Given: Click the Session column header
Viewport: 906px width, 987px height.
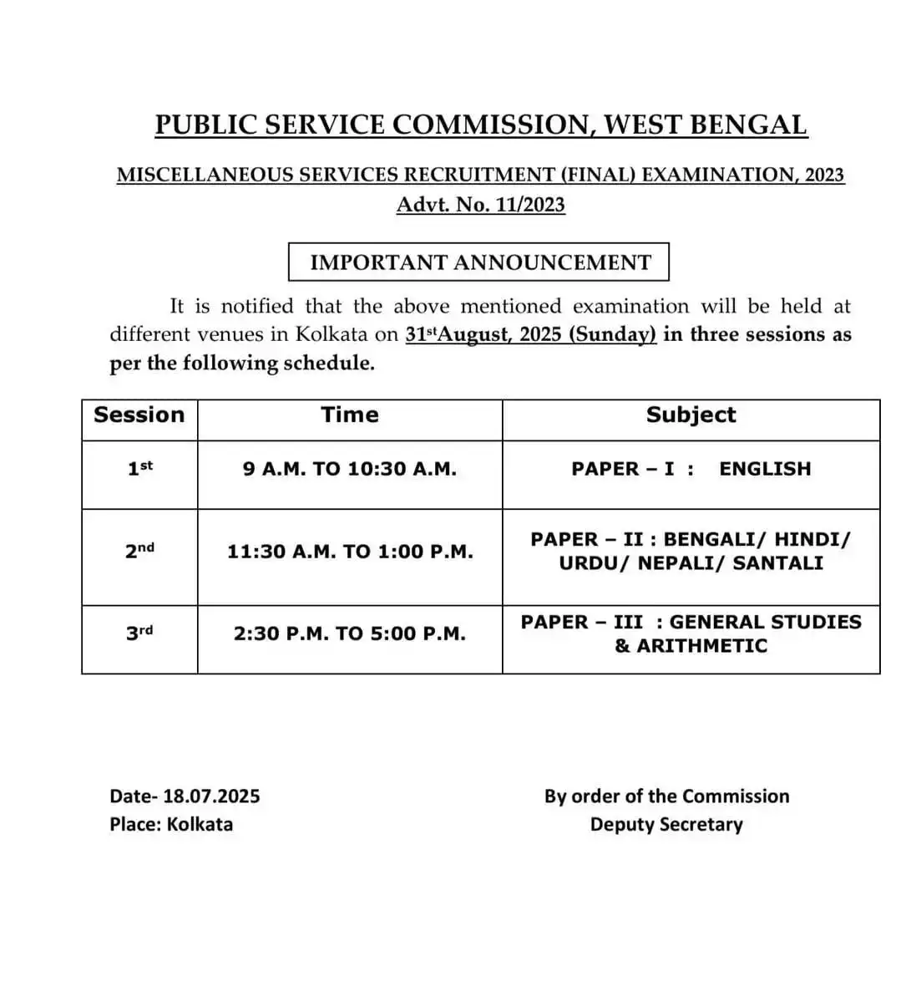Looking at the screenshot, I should coord(139,415).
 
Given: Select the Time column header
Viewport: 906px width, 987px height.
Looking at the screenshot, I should coord(350,415).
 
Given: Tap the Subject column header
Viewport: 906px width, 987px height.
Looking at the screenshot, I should coord(691,415).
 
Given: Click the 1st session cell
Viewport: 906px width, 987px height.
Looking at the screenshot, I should coord(139,468).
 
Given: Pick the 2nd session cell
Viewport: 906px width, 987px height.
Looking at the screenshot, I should coord(139,551).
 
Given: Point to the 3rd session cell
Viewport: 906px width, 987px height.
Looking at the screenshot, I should coord(139,633).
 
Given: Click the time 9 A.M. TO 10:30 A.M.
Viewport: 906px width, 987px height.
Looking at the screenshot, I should coord(350,469).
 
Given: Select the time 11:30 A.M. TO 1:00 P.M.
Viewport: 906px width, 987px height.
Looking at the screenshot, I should coord(350,552).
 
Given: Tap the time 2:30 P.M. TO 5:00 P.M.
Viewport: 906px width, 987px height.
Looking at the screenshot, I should coord(350,633).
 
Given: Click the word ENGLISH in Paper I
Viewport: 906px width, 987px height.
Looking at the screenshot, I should coord(765,469).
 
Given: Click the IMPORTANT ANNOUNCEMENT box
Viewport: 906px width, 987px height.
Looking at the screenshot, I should coord(479,262).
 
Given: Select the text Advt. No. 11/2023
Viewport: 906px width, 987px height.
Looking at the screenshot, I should coord(480,205).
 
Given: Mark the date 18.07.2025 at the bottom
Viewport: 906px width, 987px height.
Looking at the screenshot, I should coord(211,796).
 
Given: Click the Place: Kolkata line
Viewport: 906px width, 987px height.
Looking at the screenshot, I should coord(171,824).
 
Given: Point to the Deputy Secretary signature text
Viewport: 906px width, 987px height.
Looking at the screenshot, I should coord(666,824).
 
